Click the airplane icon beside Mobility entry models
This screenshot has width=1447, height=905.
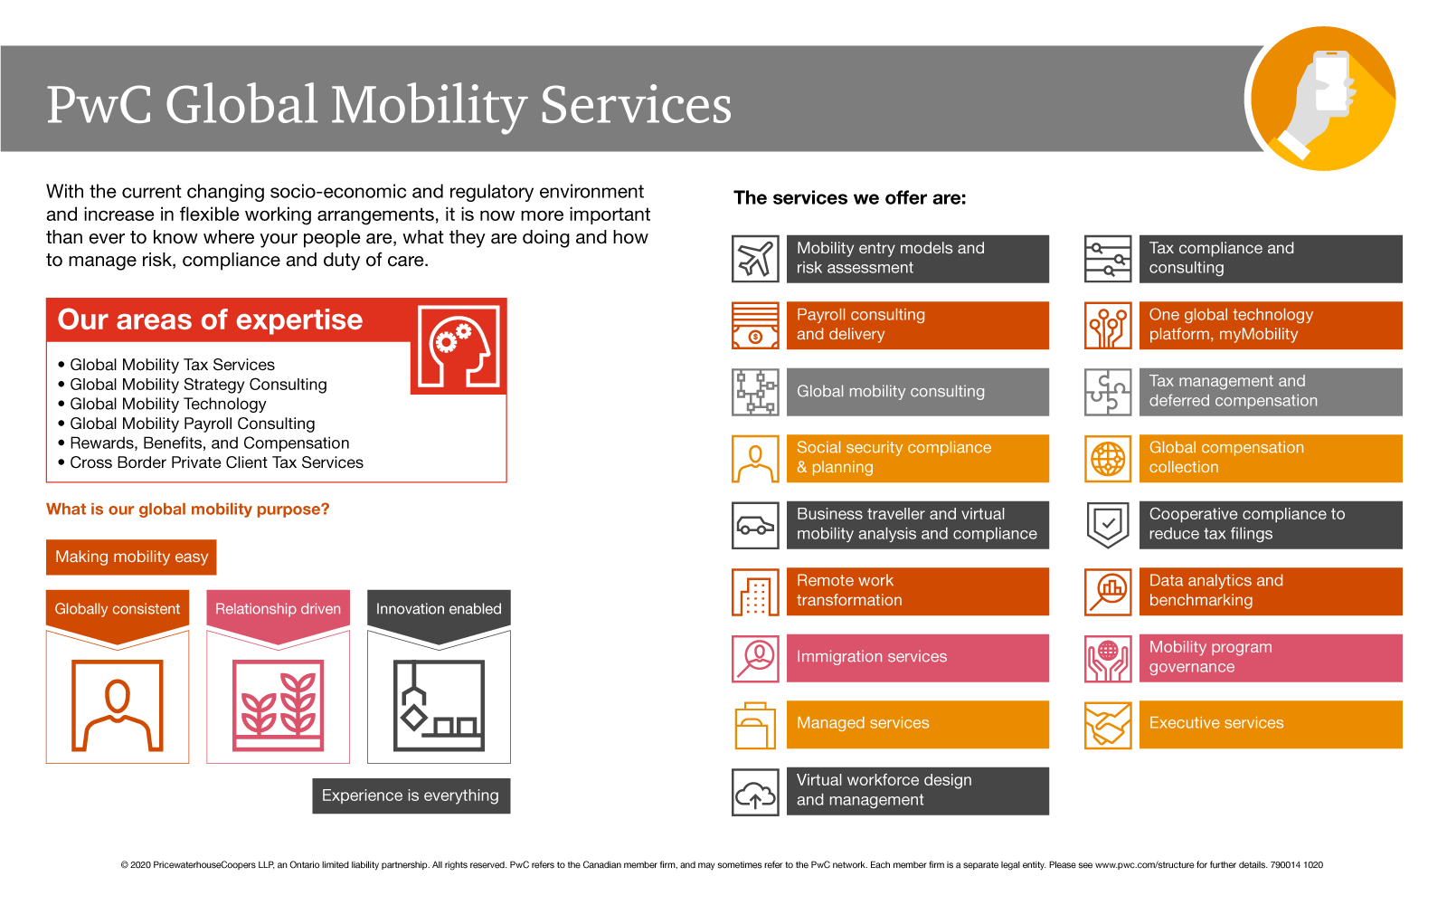(x=755, y=259)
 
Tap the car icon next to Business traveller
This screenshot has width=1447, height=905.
(x=755, y=525)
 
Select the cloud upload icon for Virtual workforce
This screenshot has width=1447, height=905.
(x=755, y=792)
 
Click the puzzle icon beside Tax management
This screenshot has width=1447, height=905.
(x=1108, y=392)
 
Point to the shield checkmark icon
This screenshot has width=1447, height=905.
(x=1108, y=525)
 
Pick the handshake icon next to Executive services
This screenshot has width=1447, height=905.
(x=1108, y=725)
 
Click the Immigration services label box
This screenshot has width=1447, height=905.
(x=917, y=658)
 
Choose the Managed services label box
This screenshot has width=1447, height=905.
(x=917, y=725)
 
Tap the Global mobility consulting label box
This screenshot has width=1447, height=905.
(x=917, y=392)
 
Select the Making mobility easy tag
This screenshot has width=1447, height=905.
(x=131, y=557)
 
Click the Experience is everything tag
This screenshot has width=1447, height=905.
(x=411, y=796)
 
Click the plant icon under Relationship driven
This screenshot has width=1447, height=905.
(x=278, y=706)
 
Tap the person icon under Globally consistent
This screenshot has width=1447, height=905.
(x=118, y=706)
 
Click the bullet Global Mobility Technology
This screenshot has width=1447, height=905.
(x=168, y=405)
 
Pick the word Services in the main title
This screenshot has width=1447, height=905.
(x=635, y=105)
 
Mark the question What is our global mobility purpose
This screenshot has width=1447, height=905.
(x=188, y=510)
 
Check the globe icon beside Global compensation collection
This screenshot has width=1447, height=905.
(x=1108, y=459)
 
